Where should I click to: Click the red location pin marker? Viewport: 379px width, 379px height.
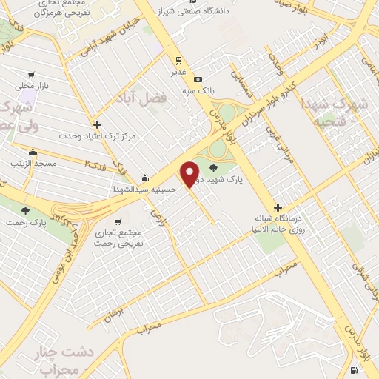(190, 174)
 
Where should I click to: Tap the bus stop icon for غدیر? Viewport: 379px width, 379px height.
(178, 61)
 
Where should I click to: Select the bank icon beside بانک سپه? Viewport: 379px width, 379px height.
(197, 79)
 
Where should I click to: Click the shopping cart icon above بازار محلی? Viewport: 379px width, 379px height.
(31, 74)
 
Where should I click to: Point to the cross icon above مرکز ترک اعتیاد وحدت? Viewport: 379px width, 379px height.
(97, 124)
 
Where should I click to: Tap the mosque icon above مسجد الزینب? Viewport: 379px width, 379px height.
(33, 152)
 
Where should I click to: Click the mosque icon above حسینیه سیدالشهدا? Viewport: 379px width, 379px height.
(144, 178)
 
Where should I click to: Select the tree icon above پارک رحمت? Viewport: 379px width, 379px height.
(26, 210)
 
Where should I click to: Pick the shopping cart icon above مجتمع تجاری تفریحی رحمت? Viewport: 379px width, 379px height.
(117, 221)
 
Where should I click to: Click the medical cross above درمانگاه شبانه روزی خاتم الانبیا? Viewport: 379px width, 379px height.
(278, 208)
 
